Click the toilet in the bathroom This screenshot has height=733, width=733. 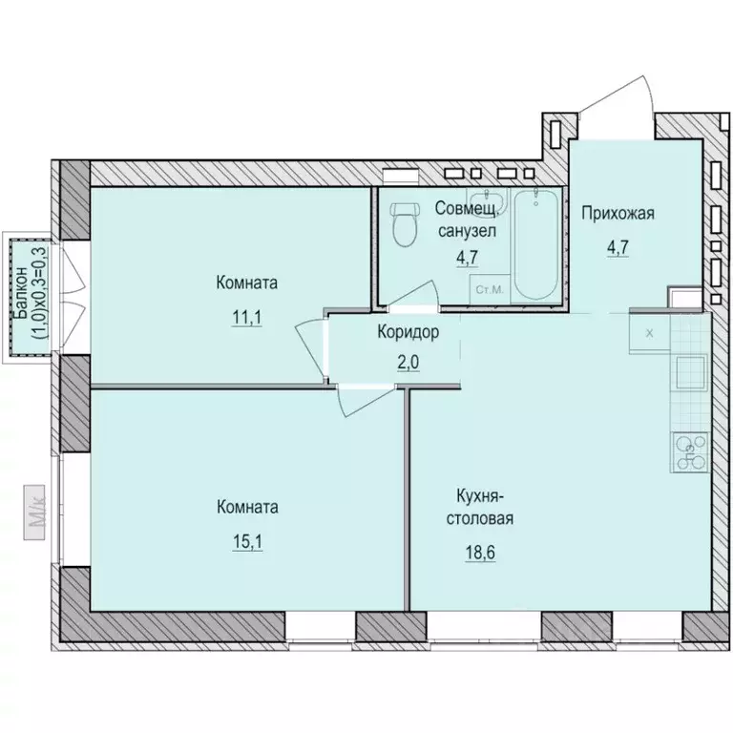pyautogui.click(x=405, y=224)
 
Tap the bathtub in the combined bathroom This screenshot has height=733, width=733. pyautogui.click(x=535, y=243)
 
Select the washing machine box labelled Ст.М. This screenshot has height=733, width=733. pyautogui.click(x=490, y=289)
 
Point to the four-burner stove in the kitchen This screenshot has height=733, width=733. pyautogui.click(x=690, y=451)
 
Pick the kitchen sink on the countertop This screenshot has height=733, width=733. pyautogui.click(x=690, y=371)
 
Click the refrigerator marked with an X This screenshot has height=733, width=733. pyautogui.click(x=650, y=333)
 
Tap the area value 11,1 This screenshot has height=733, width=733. pyautogui.click(x=247, y=318)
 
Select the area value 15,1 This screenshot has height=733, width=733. pyautogui.click(x=247, y=542)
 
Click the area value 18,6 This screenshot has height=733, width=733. pyautogui.click(x=480, y=553)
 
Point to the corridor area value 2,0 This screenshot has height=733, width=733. pyautogui.click(x=408, y=362)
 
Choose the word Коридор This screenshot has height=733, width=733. pyautogui.click(x=408, y=332)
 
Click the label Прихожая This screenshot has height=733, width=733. pyautogui.click(x=618, y=214)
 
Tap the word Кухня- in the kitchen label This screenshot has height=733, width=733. pyautogui.click(x=479, y=496)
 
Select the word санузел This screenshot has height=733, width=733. pyautogui.click(x=467, y=231)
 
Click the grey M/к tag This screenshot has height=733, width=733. pyautogui.click(x=34, y=513)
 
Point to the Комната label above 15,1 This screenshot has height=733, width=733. pyautogui.click(x=247, y=507)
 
